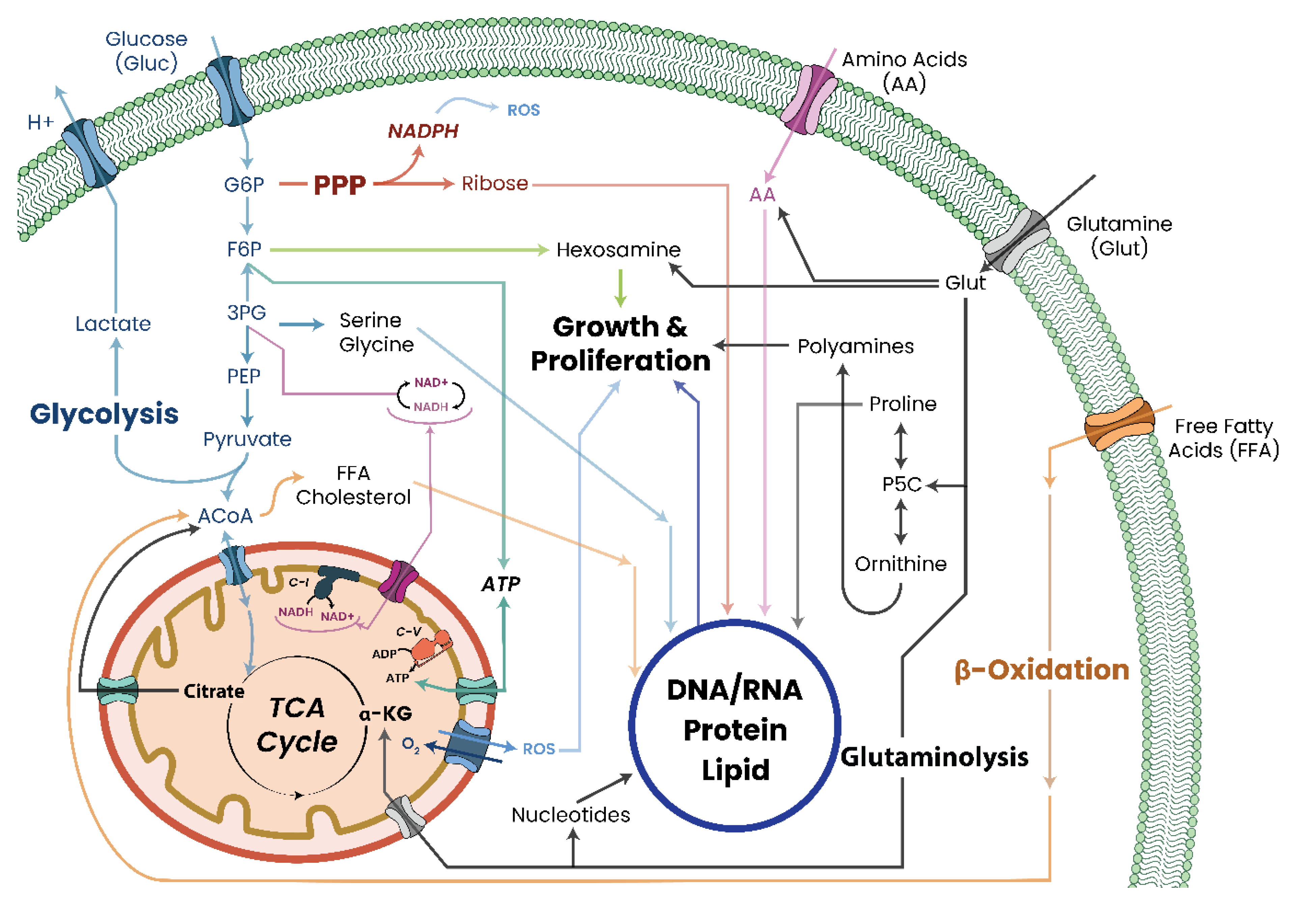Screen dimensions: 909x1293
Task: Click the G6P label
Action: click(x=244, y=185)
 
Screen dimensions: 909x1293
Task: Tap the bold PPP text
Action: click(x=340, y=185)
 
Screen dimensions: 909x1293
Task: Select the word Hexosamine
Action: click(x=618, y=250)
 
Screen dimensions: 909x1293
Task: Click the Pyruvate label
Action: click(x=247, y=439)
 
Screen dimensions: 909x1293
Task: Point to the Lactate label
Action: click(x=113, y=324)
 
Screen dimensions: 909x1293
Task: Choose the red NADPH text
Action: click(x=423, y=131)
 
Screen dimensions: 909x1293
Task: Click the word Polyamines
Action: click(x=855, y=346)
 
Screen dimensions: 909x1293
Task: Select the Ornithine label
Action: click(x=900, y=564)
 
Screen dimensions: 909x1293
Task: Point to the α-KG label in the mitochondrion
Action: click(x=386, y=714)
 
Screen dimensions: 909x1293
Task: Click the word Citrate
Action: click(x=214, y=691)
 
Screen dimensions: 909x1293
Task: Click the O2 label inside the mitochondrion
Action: click(x=410, y=745)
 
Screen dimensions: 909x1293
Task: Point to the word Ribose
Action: click(x=495, y=183)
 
